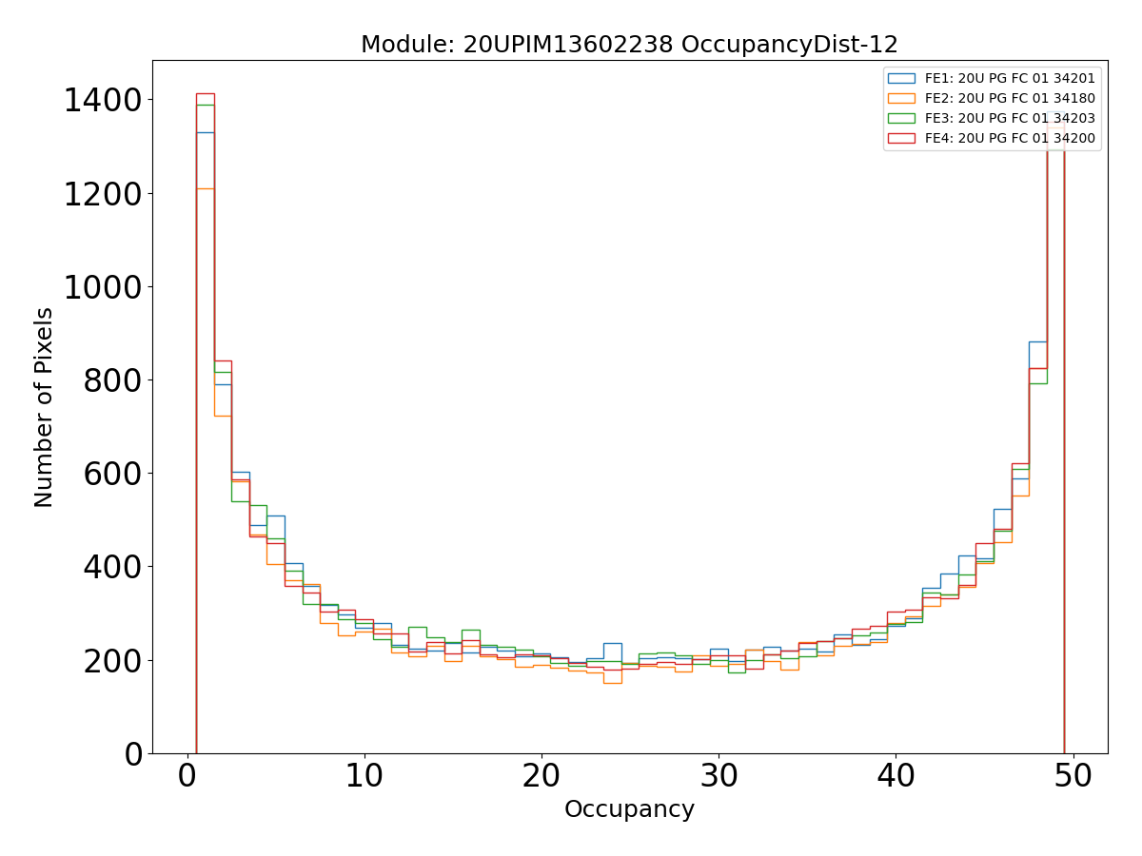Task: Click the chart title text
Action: pyautogui.click(x=629, y=45)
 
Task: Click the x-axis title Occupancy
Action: pyautogui.click(x=629, y=809)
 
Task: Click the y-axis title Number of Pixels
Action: pyautogui.click(x=45, y=407)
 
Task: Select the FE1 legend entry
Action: pyautogui.click(x=1010, y=78)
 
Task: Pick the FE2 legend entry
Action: pyautogui.click(x=1010, y=98)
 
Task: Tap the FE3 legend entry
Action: pyautogui.click(x=1010, y=118)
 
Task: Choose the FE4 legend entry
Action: pyautogui.click(x=1010, y=138)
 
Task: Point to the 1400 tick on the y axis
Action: pyautogui.click(x=104, y=101)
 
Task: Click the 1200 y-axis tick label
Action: pyautogui.click(x=104, y=194)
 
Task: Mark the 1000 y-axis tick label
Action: pyautogui.click(x=104, y=287)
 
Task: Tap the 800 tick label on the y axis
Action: pyautogui.click(x=113, y=380)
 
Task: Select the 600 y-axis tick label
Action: pyautogui.click(x=113, y=474)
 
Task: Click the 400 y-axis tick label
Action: pyautogui.click(x=113, y=567)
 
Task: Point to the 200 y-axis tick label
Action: pyautogui.click(x=113, y=660)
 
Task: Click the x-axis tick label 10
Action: pyautogui.click(x=364, y=776)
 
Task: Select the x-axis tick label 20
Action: pyautogui.click(x=541, y=776)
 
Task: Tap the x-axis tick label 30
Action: pyautogui.click(x=719, y=776)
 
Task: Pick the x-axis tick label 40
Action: pyautogui.click(x=896, y=776)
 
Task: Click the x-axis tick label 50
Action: pyautogui.click(x=1073, y=776)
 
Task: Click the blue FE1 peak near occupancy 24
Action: pyautogui.click(x=612, y=644)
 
